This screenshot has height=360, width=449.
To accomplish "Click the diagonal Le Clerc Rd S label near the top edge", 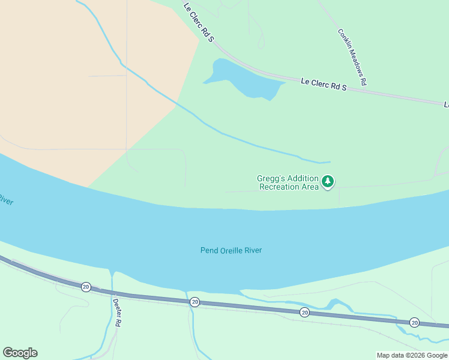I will (199, 22).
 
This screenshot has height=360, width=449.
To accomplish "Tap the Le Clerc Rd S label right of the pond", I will (324, 84).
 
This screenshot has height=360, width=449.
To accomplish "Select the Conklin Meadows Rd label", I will (352, 57).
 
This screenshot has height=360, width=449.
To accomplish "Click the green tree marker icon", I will (327, 181).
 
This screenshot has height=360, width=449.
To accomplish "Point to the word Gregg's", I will (270, 178).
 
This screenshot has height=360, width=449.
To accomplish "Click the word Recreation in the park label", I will (280, 187).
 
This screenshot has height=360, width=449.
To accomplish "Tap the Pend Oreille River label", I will (231, 250).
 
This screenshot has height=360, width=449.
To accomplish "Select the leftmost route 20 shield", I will (86, 287).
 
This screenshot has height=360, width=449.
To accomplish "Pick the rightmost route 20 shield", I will (414, 322).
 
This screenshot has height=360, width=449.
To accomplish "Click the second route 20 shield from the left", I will (194, 302).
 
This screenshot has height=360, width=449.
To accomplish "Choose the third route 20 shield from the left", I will (304, 312).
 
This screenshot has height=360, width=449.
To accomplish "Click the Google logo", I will (20, 353).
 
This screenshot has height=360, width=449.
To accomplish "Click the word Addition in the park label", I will (303, 178).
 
